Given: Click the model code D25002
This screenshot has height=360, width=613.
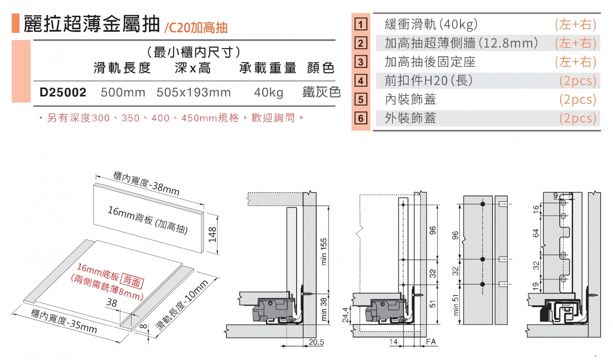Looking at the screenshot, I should tap(63, 92).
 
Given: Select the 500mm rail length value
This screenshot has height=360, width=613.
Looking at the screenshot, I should tap(123, 92).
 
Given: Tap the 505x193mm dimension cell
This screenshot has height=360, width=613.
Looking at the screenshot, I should tap(194, 92).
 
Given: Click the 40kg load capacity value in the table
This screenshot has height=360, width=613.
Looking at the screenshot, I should tap(269, 92).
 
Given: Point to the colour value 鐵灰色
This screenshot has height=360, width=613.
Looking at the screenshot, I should tap(321, 92).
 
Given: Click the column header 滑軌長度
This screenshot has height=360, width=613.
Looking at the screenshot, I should tap(122, 68).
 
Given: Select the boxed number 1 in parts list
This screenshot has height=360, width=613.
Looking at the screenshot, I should tap(361, 24).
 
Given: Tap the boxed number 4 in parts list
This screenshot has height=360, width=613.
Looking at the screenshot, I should tap(361, 80).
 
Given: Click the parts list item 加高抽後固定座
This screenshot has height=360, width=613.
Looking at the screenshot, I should tap(430, 62).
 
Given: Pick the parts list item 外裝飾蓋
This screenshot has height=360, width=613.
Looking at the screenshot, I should tap(410, 118).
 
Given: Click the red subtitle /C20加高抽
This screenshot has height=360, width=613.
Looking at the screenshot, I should tap(196, 28).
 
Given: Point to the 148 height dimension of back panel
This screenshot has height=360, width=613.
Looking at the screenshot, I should tap(212, 234).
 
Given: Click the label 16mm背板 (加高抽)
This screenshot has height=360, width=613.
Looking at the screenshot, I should tap(147, 220).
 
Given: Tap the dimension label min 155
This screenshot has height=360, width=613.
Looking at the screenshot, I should tap(324, 251).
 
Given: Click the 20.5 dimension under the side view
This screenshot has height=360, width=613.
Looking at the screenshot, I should tap(316, 342).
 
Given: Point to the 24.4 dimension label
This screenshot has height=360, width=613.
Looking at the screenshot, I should tap(346, 315).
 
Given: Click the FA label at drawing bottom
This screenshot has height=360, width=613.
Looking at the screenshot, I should tap(430, 342).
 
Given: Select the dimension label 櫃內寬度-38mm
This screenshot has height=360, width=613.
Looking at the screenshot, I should tap(146, 183).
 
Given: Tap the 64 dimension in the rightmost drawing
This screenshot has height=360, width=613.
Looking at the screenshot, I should tap(536, 233).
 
